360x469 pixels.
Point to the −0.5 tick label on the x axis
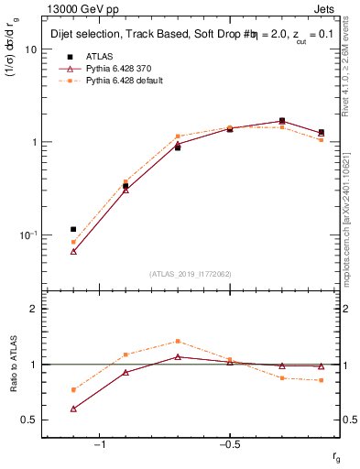(228, 445)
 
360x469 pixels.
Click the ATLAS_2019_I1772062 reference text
(191, 274)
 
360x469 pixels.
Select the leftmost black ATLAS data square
(73, 229)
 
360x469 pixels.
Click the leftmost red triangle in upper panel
(73, 251)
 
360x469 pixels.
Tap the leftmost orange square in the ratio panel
(73, 389)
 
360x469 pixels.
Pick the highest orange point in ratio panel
(178, 341)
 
